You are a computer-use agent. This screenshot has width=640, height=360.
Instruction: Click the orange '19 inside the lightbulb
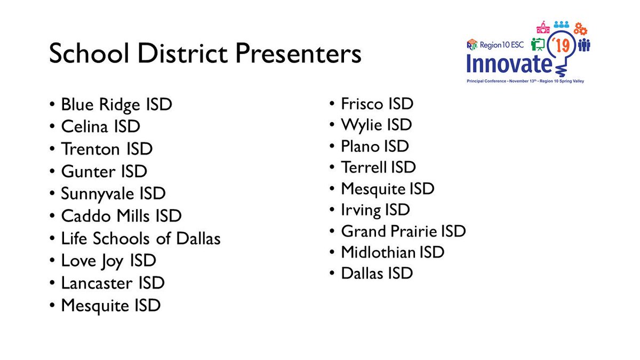(x=561, y=45)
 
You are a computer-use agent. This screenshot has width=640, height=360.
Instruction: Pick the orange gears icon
(x=580, y=29)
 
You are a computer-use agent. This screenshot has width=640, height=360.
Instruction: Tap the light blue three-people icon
(x=561, y=25)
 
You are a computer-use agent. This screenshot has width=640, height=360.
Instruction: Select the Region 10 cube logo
(x=472, y=44)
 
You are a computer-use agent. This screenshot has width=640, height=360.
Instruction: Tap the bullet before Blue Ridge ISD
(x=52, y=105)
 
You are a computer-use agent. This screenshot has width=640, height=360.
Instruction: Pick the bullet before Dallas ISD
(x=332, y=274)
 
